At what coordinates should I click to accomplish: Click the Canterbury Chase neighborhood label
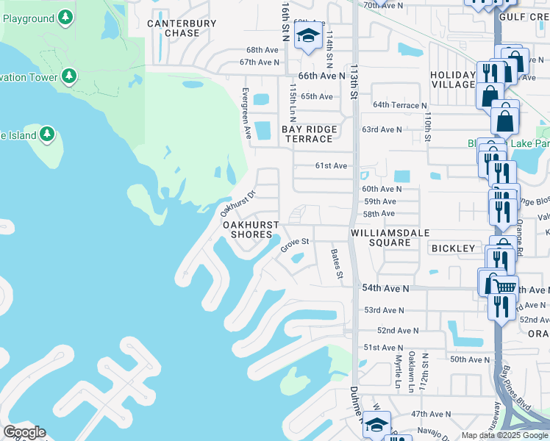(182, 28)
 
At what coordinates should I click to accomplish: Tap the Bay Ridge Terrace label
(310, 134)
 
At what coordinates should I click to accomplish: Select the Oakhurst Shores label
(251, 229)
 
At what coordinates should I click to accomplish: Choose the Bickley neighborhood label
(453, 248)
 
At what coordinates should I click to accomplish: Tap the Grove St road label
(293, 244)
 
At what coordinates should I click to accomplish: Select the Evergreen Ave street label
(248, 113)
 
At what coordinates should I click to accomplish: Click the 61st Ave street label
(331, 166)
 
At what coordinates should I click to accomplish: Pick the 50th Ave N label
(468, 359)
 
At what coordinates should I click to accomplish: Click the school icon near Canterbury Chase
(309, 37)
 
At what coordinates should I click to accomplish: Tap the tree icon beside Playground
(65, 16)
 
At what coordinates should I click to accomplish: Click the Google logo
(24, 432)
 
